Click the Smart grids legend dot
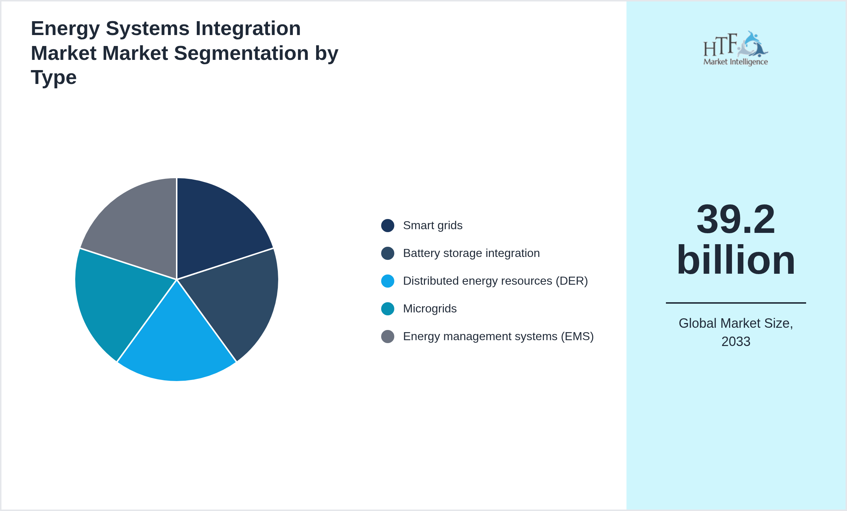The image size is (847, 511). coord(387,226)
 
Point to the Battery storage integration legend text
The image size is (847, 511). coord(471,253)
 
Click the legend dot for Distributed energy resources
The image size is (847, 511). coord(387,281)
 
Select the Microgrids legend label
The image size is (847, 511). coord(430,309)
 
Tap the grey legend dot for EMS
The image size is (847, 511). coord(387,337)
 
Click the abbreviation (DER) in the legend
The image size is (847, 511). coord(572,281)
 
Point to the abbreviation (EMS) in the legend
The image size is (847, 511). coord(577,337)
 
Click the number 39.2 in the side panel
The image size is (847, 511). coord(735,220)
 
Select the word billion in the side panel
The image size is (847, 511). coord(735,260)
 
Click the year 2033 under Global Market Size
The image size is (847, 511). coord(735,342)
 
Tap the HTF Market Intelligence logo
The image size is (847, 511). coord(735,49)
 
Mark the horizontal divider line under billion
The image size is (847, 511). coord(735,303)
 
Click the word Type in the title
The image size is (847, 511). coord(54,77)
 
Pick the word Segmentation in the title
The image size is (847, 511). coord(241,53)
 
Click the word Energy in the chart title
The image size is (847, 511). coord(65,28)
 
